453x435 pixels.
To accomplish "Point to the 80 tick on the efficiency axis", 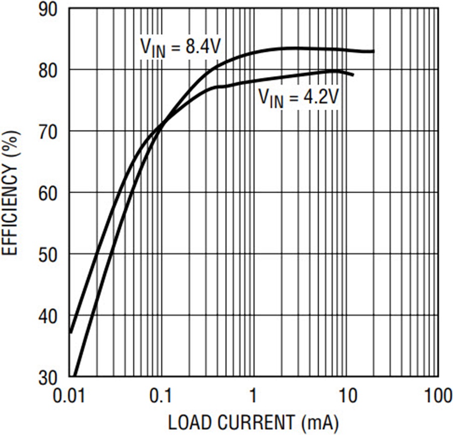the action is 48,71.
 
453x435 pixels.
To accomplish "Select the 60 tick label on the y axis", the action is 48,194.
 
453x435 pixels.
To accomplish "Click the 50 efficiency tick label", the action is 48,255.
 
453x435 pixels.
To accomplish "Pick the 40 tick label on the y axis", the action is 48,316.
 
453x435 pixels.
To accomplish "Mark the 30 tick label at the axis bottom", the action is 48,378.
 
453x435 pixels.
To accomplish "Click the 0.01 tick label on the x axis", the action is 69,395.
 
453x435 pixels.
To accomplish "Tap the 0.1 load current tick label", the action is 161,395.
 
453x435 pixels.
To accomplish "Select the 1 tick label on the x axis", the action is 253,395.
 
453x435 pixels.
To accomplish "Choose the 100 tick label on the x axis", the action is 438,395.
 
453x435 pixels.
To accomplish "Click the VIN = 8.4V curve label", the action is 181,48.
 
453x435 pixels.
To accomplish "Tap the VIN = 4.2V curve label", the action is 298,98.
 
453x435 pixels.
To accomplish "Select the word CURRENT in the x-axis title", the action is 257,423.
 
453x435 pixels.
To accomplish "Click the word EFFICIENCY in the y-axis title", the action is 10,209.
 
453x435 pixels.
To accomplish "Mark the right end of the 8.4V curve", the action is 374,51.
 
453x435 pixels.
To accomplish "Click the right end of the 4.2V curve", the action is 353,75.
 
